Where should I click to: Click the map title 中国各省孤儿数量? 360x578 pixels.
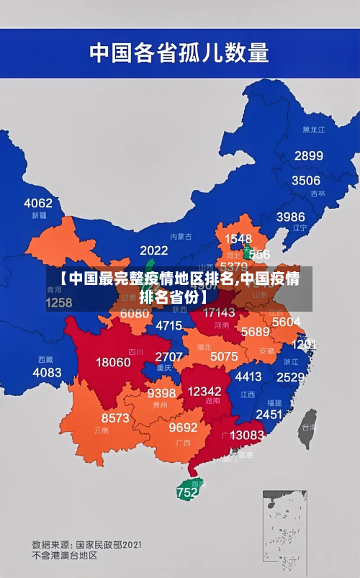point(179,52)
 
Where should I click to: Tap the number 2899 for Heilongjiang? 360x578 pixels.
point(308,155)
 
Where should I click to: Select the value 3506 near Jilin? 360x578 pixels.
point(305,180)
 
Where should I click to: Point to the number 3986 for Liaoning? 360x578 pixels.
point(290,216)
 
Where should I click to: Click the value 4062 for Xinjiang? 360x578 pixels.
point(38,202)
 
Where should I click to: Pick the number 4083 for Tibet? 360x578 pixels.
point(48,372)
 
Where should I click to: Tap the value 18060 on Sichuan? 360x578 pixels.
point(114,361)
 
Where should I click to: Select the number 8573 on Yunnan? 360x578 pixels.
point(115,417)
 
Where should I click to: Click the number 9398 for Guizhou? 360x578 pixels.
point(161,393)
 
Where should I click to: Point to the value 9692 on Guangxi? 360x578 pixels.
point(183,427)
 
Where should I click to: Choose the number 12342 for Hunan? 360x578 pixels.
point(204,390)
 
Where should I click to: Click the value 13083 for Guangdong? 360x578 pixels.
point(247,435)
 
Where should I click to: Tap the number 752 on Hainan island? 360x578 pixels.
point(187,492)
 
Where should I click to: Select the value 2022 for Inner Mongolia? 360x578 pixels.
point(153,250)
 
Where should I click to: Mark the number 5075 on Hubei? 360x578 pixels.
point(224,356)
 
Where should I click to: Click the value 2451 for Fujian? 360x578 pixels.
point(269,414)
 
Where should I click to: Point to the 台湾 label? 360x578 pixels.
point(307,426)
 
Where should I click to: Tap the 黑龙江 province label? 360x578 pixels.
point(313,130)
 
